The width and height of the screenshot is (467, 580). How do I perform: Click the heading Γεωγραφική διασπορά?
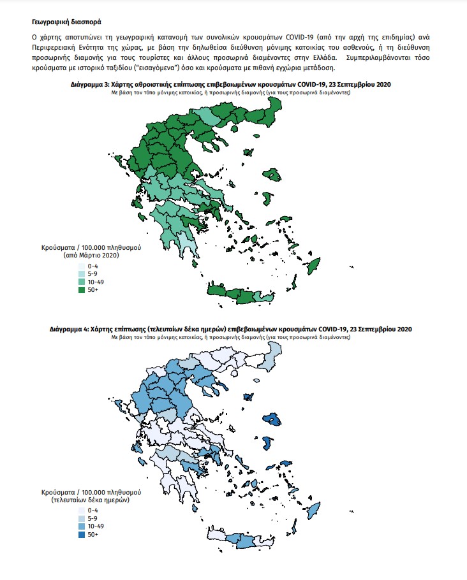(63, 21)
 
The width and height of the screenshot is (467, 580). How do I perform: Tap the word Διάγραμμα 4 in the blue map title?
(70, 329)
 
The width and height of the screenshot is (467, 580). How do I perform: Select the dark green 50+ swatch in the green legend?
(82, 289)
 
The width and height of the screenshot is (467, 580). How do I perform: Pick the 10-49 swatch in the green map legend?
(82, 281)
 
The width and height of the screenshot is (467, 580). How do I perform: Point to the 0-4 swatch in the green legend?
(82, 265)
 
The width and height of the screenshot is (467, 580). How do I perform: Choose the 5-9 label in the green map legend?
(93, 273)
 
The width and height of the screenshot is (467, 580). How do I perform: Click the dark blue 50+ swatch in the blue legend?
(82, 534)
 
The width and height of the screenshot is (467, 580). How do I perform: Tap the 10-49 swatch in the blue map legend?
(82, 526)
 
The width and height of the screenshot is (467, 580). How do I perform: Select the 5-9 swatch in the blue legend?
(82, 518)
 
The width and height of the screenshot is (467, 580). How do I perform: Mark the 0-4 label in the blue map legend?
(93, 510)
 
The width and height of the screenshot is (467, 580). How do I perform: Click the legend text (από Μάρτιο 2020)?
(91, 254)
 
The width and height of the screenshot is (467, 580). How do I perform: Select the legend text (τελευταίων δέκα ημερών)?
(91, 500)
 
